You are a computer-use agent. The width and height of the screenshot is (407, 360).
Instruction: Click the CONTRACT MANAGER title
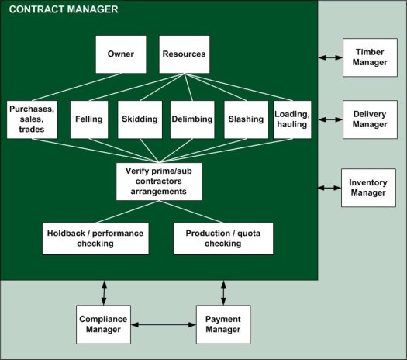(64, 9)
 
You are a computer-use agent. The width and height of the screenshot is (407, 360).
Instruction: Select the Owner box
(121, 54)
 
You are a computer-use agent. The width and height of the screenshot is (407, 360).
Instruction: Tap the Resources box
(185, 54)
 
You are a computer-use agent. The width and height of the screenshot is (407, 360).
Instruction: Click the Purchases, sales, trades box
(32, 119)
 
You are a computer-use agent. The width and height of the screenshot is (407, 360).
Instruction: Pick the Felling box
(89, 119)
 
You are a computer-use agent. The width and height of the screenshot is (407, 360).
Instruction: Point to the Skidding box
(140, 119)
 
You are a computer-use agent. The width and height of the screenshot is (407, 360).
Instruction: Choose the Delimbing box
(192, 119)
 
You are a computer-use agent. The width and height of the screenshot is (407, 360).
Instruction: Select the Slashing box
(246, 119)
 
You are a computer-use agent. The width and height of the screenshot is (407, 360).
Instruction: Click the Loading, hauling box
(292, 119)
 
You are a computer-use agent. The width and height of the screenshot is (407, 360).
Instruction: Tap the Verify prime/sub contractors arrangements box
(159, 182)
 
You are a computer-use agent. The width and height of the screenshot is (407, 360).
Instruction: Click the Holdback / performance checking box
(95, 239)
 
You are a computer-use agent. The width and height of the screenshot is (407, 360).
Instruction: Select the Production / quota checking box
(223, 239)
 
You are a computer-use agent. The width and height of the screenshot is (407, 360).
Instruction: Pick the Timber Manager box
(370, 57)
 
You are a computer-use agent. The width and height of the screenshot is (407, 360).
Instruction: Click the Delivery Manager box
(370, 119)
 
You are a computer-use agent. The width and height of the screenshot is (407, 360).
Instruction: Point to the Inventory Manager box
(368, 188)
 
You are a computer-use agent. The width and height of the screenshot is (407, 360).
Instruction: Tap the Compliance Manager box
(103, 324)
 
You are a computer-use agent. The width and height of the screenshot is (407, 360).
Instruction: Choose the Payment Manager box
(223, 324)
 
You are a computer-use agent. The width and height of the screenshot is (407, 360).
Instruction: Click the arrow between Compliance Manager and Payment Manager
(164, 324)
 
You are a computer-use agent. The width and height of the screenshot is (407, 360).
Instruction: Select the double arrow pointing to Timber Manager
(330, 57)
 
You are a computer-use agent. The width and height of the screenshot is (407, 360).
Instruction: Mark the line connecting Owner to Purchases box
(77, 87)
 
